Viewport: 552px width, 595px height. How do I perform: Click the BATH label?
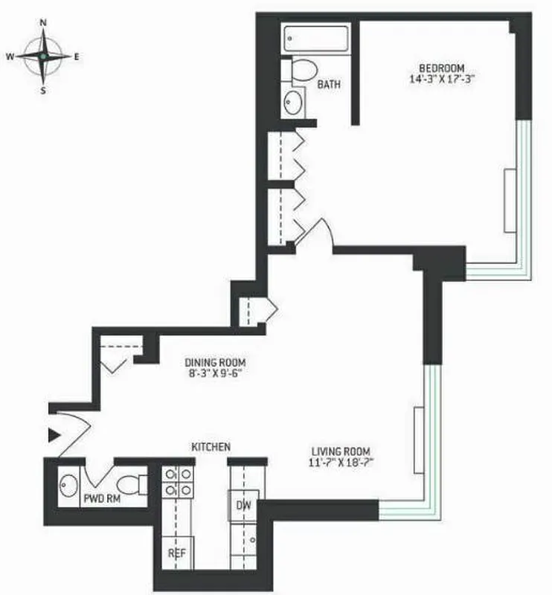[x=329, y=85]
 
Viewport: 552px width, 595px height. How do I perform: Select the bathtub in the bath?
[x=316, y=40]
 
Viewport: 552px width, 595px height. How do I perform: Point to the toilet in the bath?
[x=301, y=71]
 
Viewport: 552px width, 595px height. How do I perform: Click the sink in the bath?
[x=293, y=102]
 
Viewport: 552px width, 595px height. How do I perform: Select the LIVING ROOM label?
[x=341, y=451]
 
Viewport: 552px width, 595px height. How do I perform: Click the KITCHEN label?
[x=211, y=447]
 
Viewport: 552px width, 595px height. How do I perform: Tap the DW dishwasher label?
[x=243, y=506]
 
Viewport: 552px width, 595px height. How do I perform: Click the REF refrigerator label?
[x=176, y=554]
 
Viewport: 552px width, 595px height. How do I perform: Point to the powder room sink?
[x=69, y=486]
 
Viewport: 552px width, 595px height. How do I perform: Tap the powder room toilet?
[x=134, y=486]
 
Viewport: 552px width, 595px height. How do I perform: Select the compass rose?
[x=44, y=56]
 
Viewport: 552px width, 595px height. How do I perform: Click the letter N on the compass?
[x=44, y=23]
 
